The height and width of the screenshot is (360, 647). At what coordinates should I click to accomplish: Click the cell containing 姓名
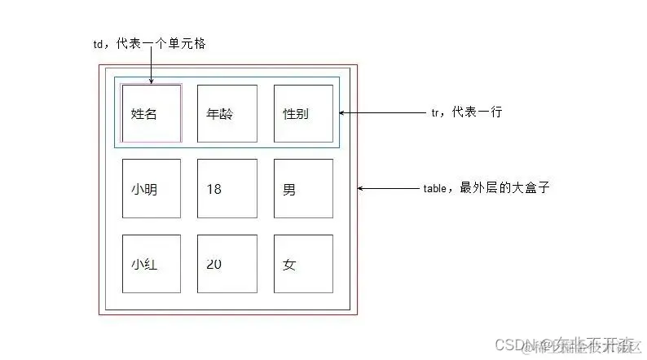pos(151,113)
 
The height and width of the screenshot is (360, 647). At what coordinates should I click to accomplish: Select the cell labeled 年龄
pos(227,113)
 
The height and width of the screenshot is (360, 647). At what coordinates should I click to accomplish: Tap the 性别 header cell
pos(303,113)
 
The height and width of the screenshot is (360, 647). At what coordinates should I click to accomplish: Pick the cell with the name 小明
pos(151,189)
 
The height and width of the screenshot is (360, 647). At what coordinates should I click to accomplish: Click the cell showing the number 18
pos(227,189)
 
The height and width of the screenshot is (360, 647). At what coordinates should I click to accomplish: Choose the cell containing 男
pos(303,189)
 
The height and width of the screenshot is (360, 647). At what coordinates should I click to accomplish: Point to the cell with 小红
pos(151,264)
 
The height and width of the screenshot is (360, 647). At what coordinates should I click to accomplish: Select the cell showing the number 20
pos(227,264)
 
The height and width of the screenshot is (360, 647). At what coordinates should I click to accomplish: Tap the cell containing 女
pos(303,264)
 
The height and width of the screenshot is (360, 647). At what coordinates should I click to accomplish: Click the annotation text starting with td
pos(148,45)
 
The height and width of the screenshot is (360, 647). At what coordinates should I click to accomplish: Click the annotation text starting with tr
pos(466,112)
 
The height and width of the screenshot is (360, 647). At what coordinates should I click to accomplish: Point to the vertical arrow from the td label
pos(152,67)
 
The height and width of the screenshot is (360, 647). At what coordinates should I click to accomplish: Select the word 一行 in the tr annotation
pos(490,112)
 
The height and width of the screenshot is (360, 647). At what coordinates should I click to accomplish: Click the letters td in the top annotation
pos(98,45)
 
